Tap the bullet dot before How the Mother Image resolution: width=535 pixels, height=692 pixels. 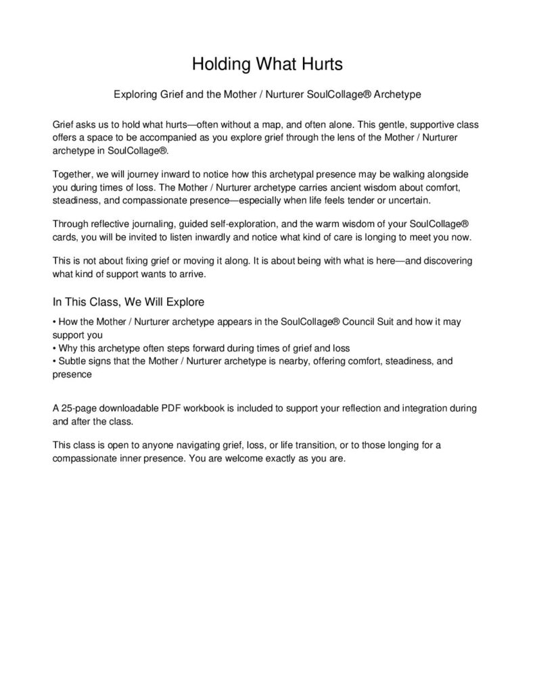click(54, 322)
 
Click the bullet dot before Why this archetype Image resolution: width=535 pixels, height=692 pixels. click(54, 349)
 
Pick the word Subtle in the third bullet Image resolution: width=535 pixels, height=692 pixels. click(72, 361)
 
